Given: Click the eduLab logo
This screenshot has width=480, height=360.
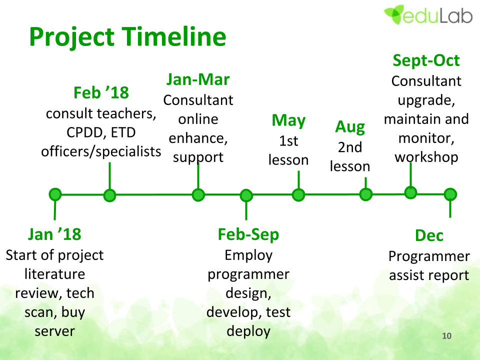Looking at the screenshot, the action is (x=428, y=14).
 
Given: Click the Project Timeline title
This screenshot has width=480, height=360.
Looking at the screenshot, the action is (x=127, y=36).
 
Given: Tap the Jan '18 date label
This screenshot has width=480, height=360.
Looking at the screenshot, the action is (x=54, y=234).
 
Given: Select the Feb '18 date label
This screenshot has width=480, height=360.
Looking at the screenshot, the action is (x=101, y=92).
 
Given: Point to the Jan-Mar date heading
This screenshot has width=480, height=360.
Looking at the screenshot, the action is (x=198, y=79).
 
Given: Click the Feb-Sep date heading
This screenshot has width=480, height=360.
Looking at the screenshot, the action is (x=248, y=234).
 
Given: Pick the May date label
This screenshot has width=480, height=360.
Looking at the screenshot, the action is (x=288, y=120).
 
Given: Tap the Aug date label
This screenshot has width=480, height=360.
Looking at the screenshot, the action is (x=350, y=127).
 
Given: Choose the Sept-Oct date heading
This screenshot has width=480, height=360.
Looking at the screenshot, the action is (x=426, y=60).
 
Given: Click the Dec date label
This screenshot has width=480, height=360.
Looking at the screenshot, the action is (x=429, y=235).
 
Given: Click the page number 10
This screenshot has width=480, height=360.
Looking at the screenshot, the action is (x=446, y=336).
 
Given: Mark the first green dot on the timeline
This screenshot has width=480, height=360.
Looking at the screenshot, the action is (x=55, y=194).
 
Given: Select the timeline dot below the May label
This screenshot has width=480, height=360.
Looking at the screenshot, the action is (x=298, y=194).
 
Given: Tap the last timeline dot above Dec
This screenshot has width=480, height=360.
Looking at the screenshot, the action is (x=450, y=194).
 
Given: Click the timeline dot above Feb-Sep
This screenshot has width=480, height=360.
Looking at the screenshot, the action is (x=246, y=195).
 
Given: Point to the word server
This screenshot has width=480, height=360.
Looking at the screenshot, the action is (x=55, y=331).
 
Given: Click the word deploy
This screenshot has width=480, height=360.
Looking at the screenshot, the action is (x=248, y=331).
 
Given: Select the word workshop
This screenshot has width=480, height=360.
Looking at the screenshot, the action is (x=426, y=157).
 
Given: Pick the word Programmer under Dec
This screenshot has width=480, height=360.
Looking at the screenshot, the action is (x=429, y=256).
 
